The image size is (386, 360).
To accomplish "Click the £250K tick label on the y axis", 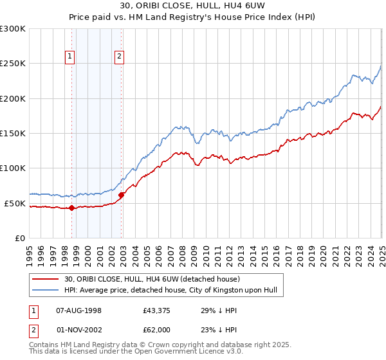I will tap(13, 64).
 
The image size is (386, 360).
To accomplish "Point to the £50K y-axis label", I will tap(15, 203).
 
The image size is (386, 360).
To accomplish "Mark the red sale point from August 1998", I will tap(72, 208).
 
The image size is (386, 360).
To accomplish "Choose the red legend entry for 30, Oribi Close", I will tap(152, 279).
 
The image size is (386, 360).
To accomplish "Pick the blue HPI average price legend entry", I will tap(170, 291).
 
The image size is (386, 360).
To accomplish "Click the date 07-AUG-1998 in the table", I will tap(79, 310).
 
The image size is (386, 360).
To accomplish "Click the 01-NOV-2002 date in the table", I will tap(80, 330).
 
